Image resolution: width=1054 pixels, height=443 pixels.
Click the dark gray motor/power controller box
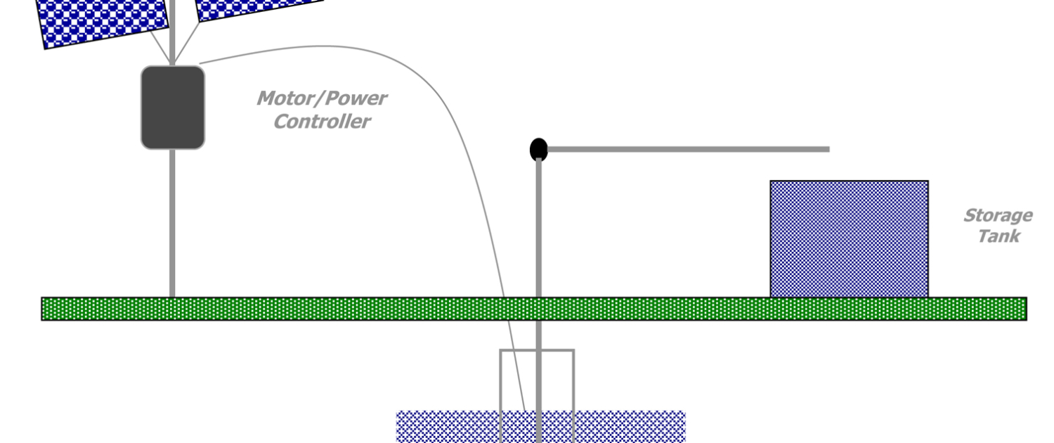173,107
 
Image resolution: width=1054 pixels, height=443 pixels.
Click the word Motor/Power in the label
321,98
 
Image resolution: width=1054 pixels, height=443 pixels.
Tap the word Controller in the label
321,122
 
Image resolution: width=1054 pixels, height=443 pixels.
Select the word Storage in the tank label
997,215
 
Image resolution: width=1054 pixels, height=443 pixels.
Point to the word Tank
998,236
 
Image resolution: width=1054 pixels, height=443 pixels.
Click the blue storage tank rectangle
849,239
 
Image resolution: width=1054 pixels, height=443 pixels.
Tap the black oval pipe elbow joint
538,149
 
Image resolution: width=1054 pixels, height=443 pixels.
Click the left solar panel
102,18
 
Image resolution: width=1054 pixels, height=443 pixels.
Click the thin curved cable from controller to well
422,85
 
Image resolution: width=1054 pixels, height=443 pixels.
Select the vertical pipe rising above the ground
538,225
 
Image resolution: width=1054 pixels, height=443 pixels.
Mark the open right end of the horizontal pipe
828,149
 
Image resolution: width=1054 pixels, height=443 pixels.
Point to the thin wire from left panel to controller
160,46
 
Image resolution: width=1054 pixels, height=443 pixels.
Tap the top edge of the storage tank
849,181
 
